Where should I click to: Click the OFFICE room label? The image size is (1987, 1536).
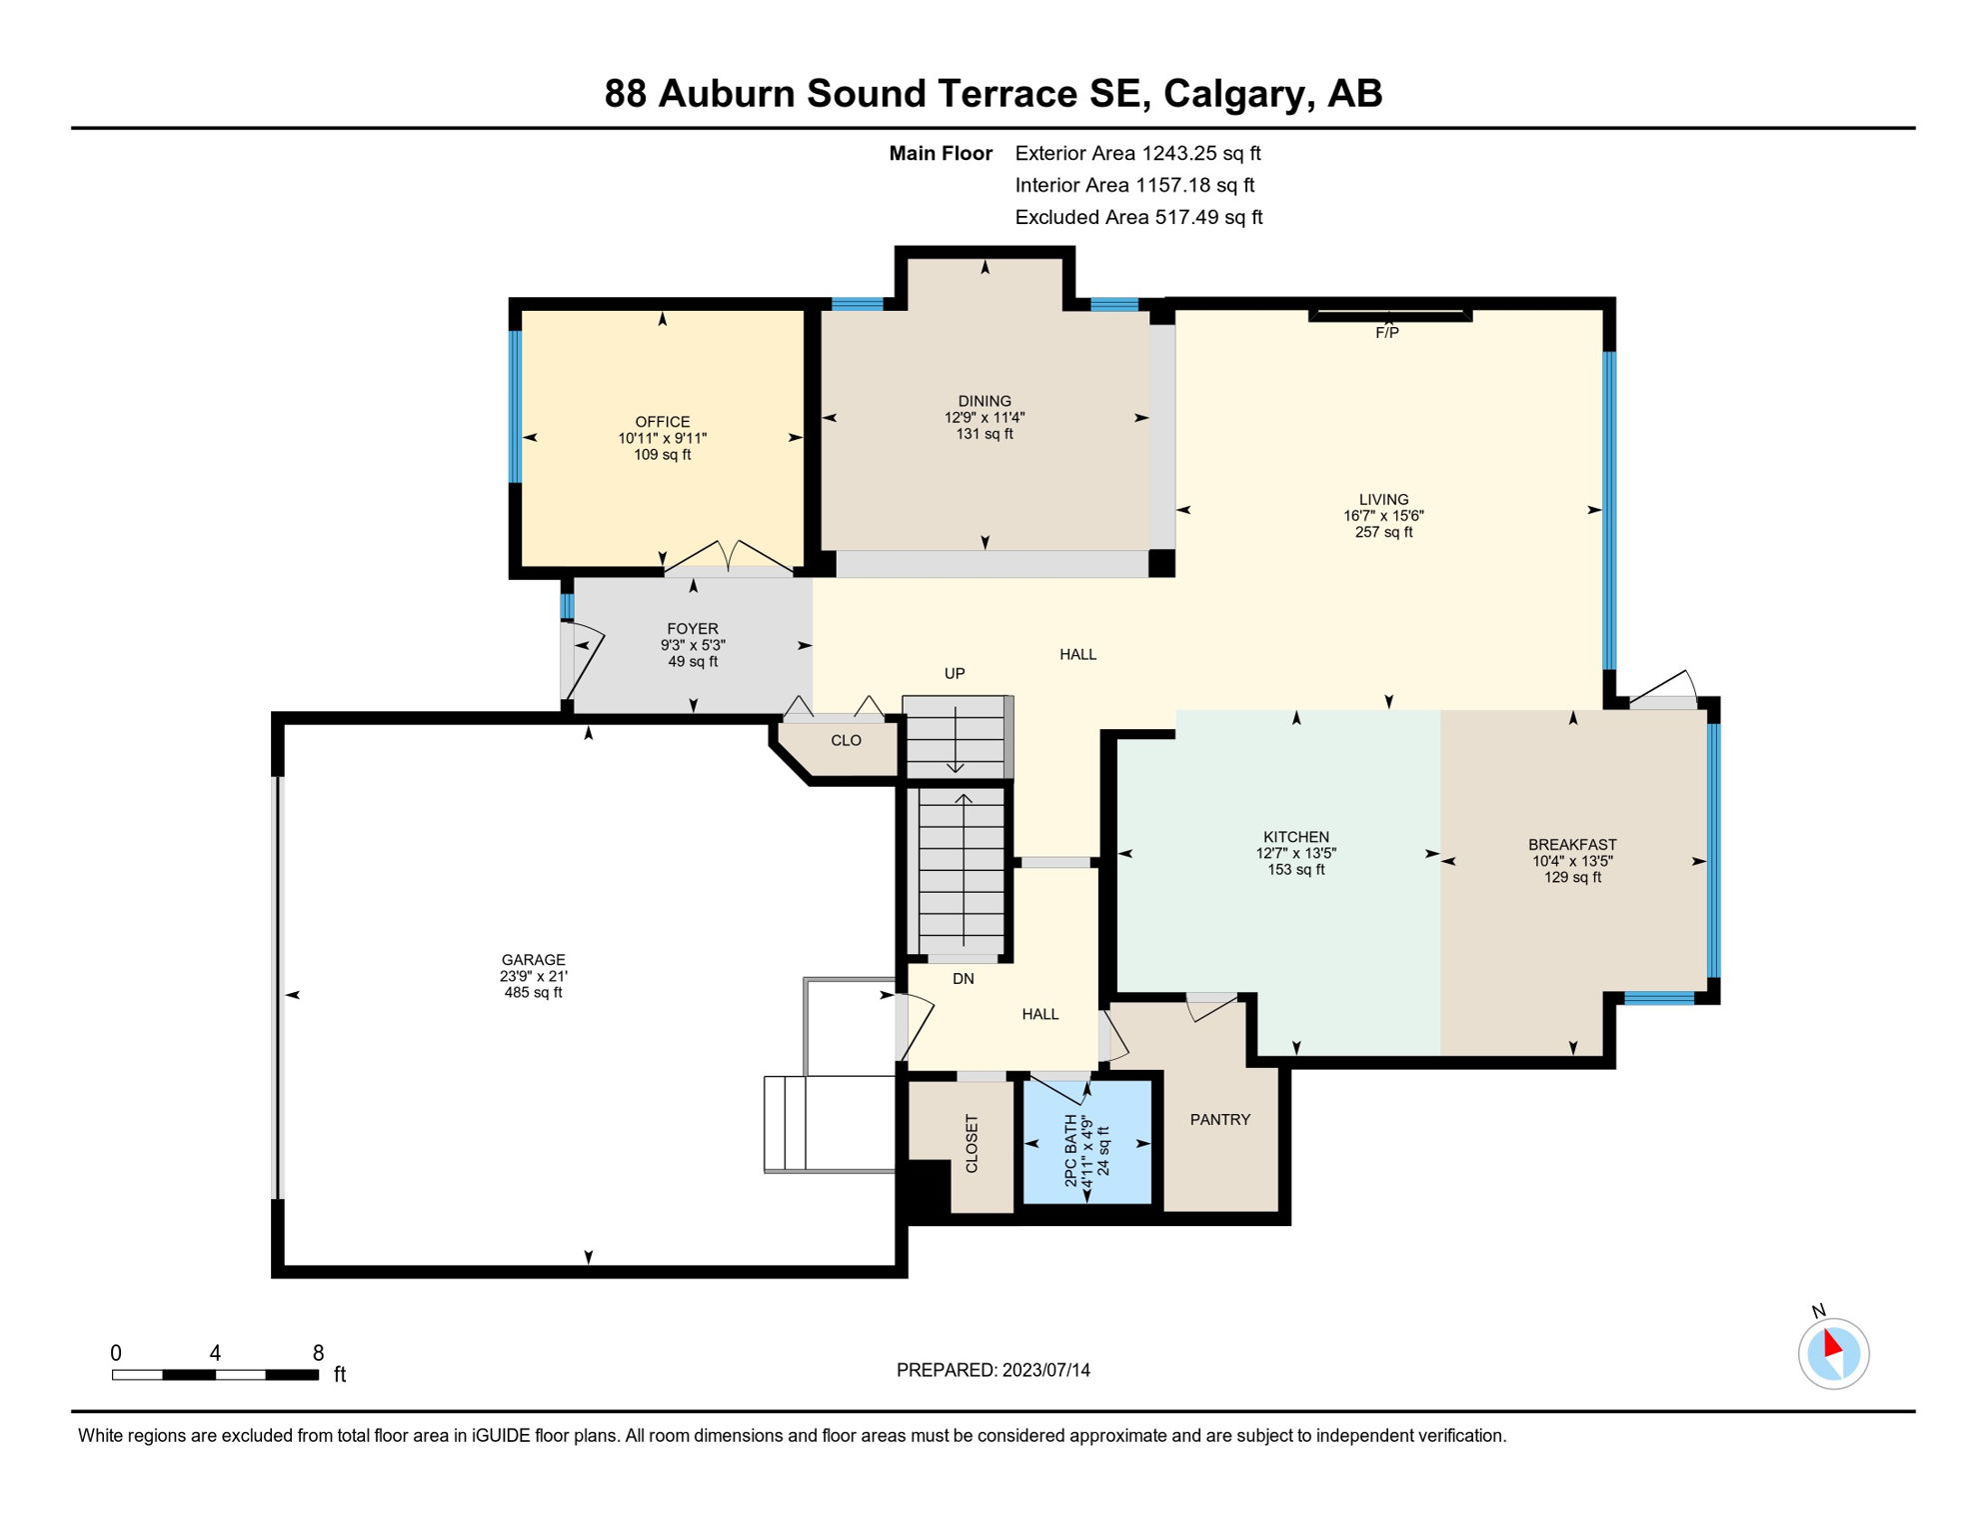[662, 422]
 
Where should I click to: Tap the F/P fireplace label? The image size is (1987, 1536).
[1386, 333]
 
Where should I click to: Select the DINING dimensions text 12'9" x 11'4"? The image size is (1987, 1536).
[985, 418]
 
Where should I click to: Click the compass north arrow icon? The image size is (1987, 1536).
[1833, 1353]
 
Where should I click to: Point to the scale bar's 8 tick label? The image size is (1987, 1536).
[318, 1353]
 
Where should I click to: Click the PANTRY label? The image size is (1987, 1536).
[1219, 1120]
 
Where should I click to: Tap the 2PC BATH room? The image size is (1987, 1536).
[1087, 1150]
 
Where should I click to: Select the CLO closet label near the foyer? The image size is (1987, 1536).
[846, 741]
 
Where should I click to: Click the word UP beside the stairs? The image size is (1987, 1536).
[955, 674]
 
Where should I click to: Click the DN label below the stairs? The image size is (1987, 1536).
[963, 979]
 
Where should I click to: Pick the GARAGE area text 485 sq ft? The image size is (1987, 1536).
[533, 993]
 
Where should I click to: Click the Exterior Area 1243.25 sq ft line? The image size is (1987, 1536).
[1137, 153]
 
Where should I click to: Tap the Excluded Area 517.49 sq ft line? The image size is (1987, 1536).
[1138, 217]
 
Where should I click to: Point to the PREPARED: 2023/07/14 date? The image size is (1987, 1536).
[993, 1370]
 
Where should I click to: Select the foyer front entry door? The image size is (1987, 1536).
[584, 660]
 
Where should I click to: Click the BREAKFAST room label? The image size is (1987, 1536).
[1571, 845]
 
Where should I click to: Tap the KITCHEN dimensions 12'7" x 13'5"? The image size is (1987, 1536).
[1295, 854]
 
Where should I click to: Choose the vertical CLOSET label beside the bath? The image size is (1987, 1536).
[972, 1143]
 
